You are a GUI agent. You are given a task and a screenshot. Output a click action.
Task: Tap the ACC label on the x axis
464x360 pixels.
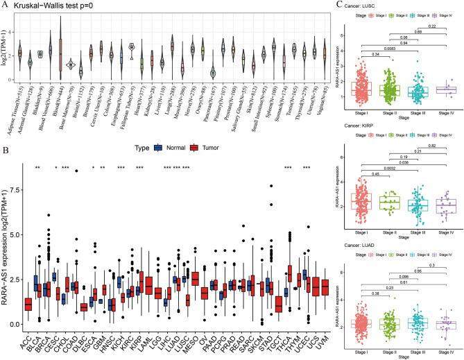pyautogui.click(x=28, y=338)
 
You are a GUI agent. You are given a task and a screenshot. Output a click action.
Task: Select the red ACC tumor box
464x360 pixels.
pyautogui.click(x=28, y=304)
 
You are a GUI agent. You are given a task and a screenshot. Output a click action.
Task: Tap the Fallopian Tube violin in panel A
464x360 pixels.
pyautogui.click(x=130, y=47)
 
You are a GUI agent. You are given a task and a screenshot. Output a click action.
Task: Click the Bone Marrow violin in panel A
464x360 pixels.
pyautogui.click(x=70, y=65)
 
